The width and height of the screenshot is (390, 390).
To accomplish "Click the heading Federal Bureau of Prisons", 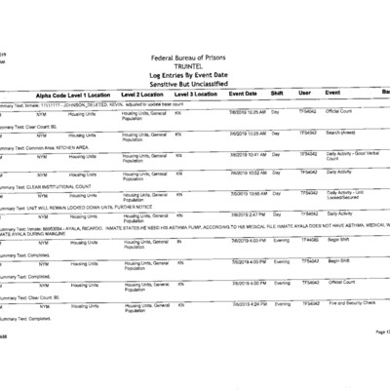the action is coord(194,59).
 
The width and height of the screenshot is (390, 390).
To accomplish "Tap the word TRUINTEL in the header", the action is coord(194,67).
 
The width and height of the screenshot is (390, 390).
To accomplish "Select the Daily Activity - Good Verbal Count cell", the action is coord(350,155).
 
